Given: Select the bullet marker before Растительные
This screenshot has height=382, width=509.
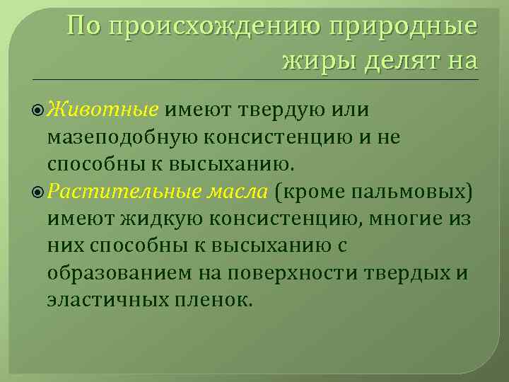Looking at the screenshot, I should tap(39, 192).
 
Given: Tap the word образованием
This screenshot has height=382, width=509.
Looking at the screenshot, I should tap(116, 272).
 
